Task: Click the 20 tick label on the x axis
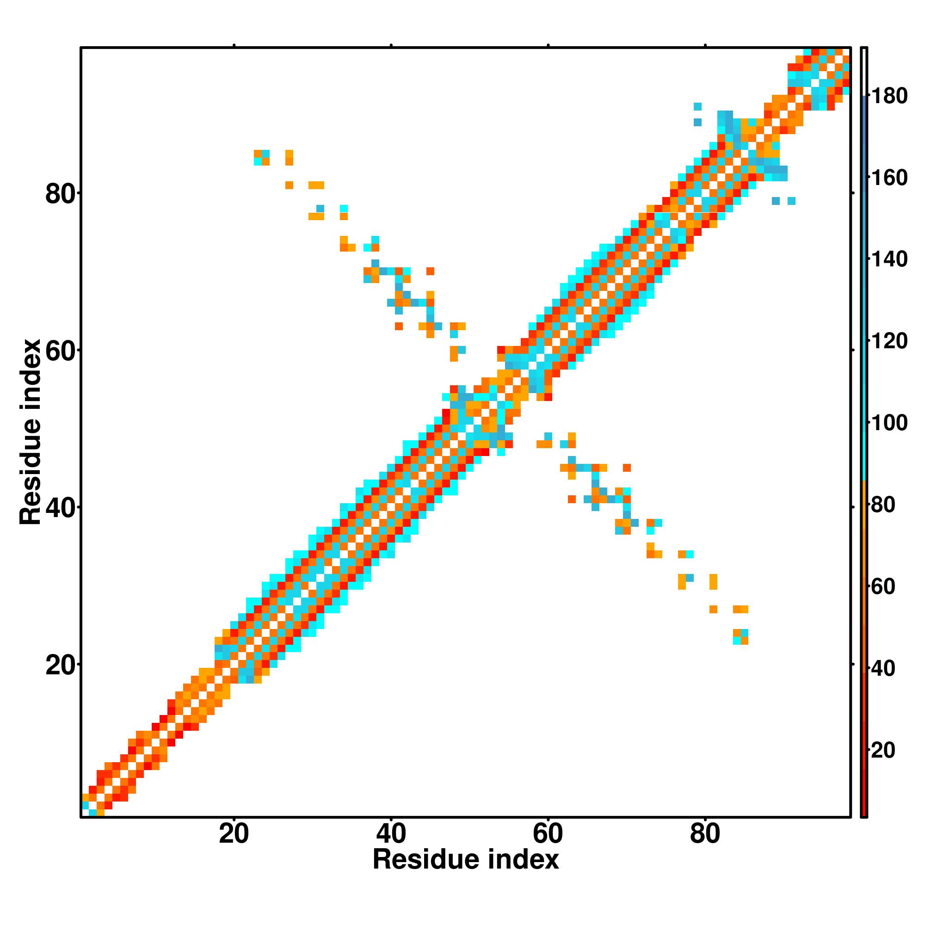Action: [x=234, y=834]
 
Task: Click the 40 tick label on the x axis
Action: [x=391, y=834]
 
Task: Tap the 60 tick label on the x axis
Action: [x=548, y=834]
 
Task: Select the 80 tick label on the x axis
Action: [x=705, y=834]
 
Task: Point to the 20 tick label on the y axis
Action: [x=61, y=666]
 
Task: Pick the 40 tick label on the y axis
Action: [x=61, y=508]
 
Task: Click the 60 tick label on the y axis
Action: [x=61, y=351]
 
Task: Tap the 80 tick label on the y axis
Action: [x=61, y=194]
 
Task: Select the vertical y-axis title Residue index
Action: [x=31, y=432]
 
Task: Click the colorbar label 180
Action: [x=889, y=96]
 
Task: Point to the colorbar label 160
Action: [x=889, y=178]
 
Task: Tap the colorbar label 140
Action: [x=889, y=259]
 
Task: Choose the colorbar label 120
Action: [x=889, y=341]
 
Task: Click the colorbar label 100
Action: [x=889, y=423]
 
